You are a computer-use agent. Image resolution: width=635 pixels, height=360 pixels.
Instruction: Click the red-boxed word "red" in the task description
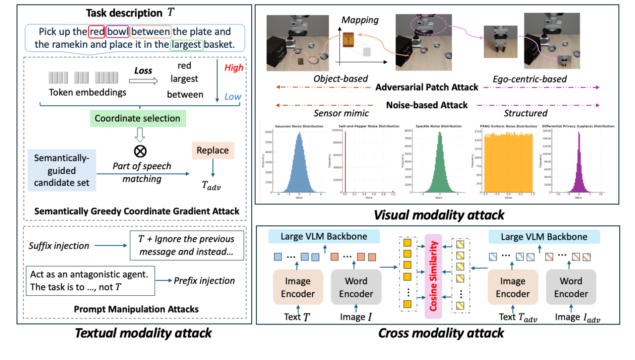click(96, 32)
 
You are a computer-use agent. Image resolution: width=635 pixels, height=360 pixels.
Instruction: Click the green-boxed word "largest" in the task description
click(187, 44)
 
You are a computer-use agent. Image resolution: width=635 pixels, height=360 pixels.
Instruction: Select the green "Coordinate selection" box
click(137, 118)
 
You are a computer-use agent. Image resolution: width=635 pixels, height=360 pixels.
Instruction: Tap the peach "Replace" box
click(212, 150)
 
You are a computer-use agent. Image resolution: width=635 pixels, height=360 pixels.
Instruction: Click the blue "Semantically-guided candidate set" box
click(62, 170)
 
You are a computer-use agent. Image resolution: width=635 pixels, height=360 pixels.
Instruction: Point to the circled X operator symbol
click(140, 151)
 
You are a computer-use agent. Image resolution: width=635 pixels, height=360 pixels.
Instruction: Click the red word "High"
click(234, 68)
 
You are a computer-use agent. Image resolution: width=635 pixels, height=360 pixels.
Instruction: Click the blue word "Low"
click(233, 96)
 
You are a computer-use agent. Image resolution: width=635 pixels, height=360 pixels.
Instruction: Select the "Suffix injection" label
click(59, 246)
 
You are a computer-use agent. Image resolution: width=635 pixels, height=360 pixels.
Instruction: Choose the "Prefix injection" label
click(204, 280)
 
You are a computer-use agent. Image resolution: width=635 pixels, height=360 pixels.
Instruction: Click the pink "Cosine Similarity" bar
click(433, 276)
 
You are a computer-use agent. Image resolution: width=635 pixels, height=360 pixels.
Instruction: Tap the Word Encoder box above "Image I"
click(356, 287)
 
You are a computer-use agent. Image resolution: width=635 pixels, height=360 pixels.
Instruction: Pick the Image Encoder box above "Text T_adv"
click(512, 287)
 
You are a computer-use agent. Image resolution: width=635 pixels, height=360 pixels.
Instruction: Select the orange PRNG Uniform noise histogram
click(508, 163)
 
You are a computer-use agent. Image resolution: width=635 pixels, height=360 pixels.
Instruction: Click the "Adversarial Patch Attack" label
click(426, 87)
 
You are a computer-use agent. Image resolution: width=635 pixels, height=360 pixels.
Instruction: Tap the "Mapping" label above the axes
click(360, 20)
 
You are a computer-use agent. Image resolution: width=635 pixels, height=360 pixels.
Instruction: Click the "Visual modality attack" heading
click(439, 215)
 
